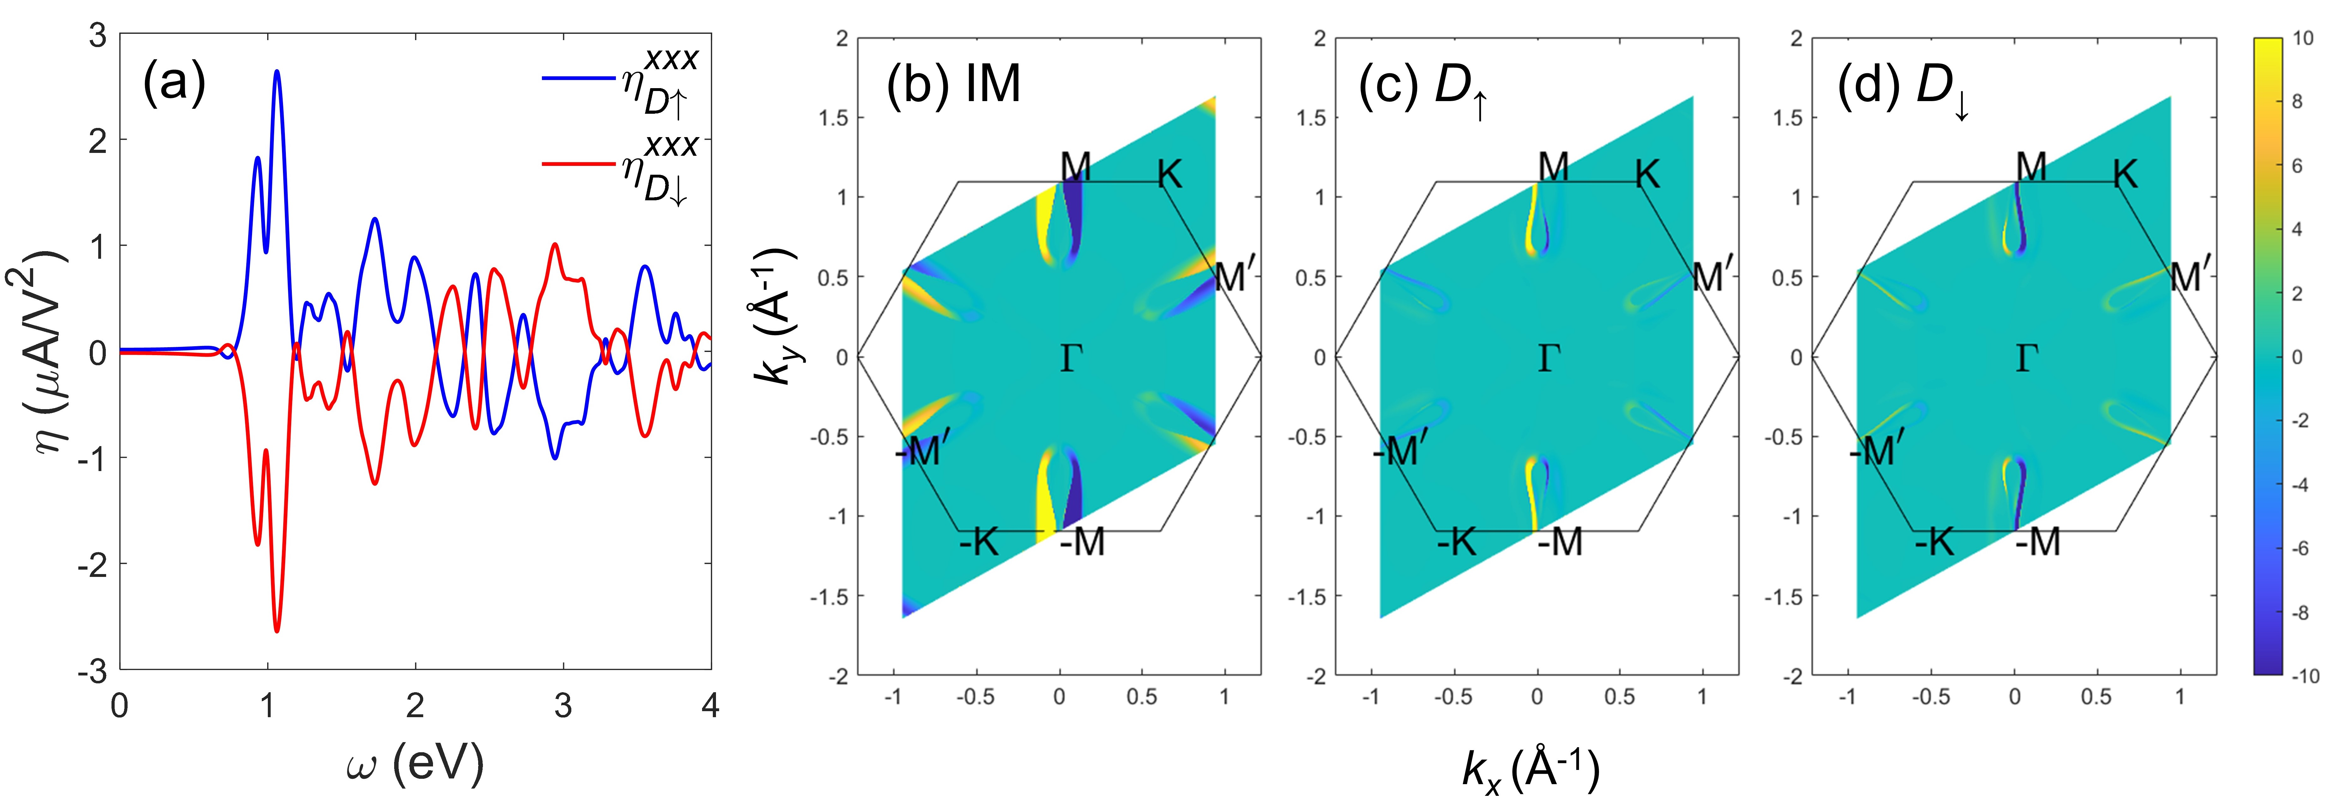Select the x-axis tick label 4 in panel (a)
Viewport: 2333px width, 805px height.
point(710,705)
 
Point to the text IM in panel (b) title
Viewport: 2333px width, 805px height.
point(994,84)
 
